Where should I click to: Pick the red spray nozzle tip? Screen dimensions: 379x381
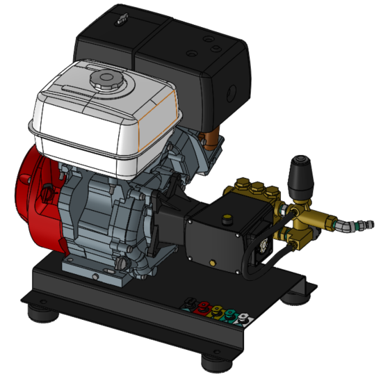[202, 307]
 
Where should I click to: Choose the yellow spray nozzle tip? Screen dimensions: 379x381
[216, 310]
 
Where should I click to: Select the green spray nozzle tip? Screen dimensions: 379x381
[229, 314]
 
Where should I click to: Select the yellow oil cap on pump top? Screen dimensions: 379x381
[226, 220]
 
